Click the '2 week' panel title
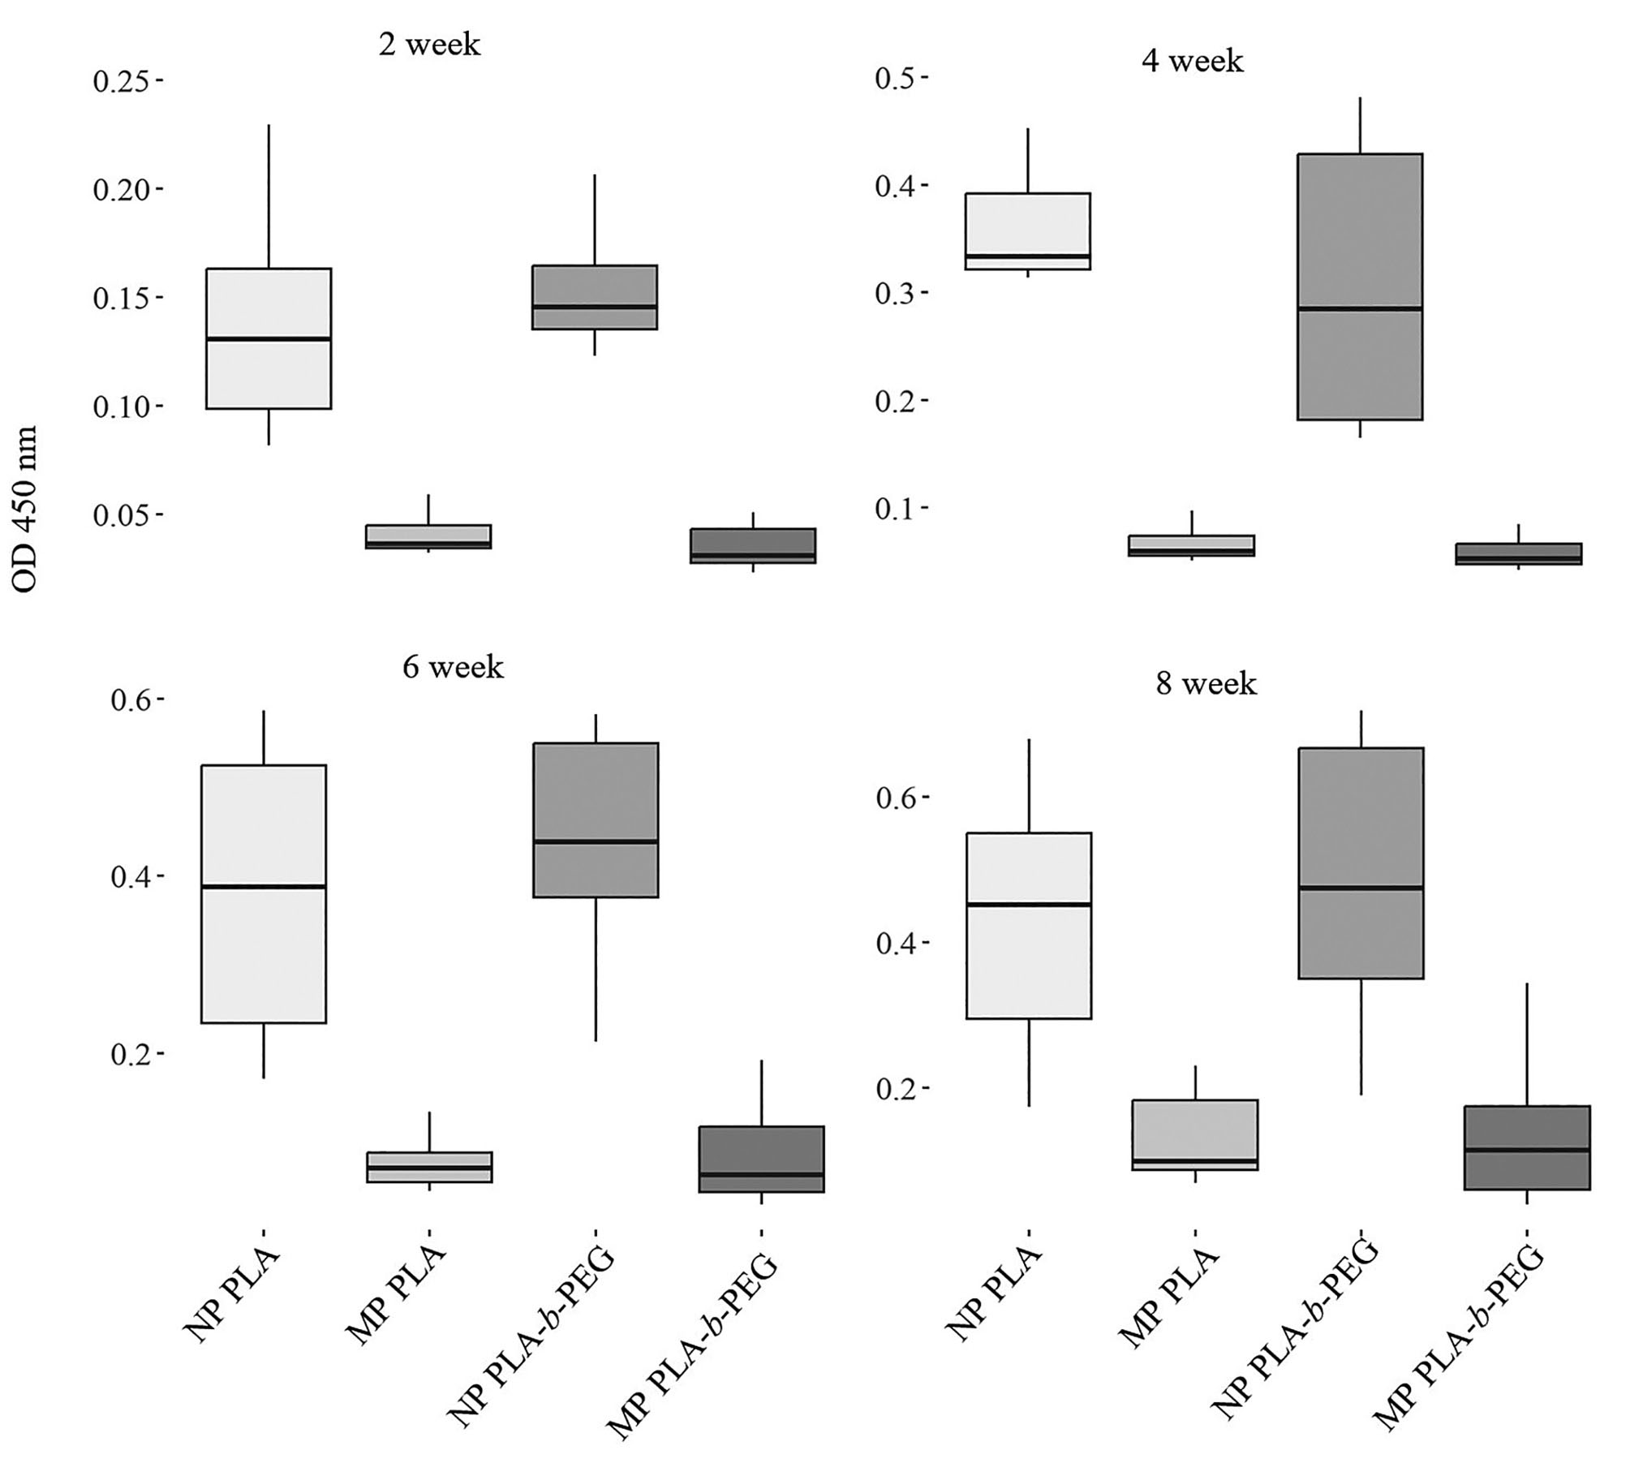point(429,44)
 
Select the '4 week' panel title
point(1192,61)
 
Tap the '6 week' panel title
point(453,667)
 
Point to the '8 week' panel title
point(1206,684)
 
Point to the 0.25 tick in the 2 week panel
point(127,81)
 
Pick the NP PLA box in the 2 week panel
point(268,373)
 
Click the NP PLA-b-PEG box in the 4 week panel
point(1359,365)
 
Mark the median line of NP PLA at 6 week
point(264,887)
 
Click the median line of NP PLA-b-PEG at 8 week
point(1360,888)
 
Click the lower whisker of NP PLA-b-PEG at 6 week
point(596,969)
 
